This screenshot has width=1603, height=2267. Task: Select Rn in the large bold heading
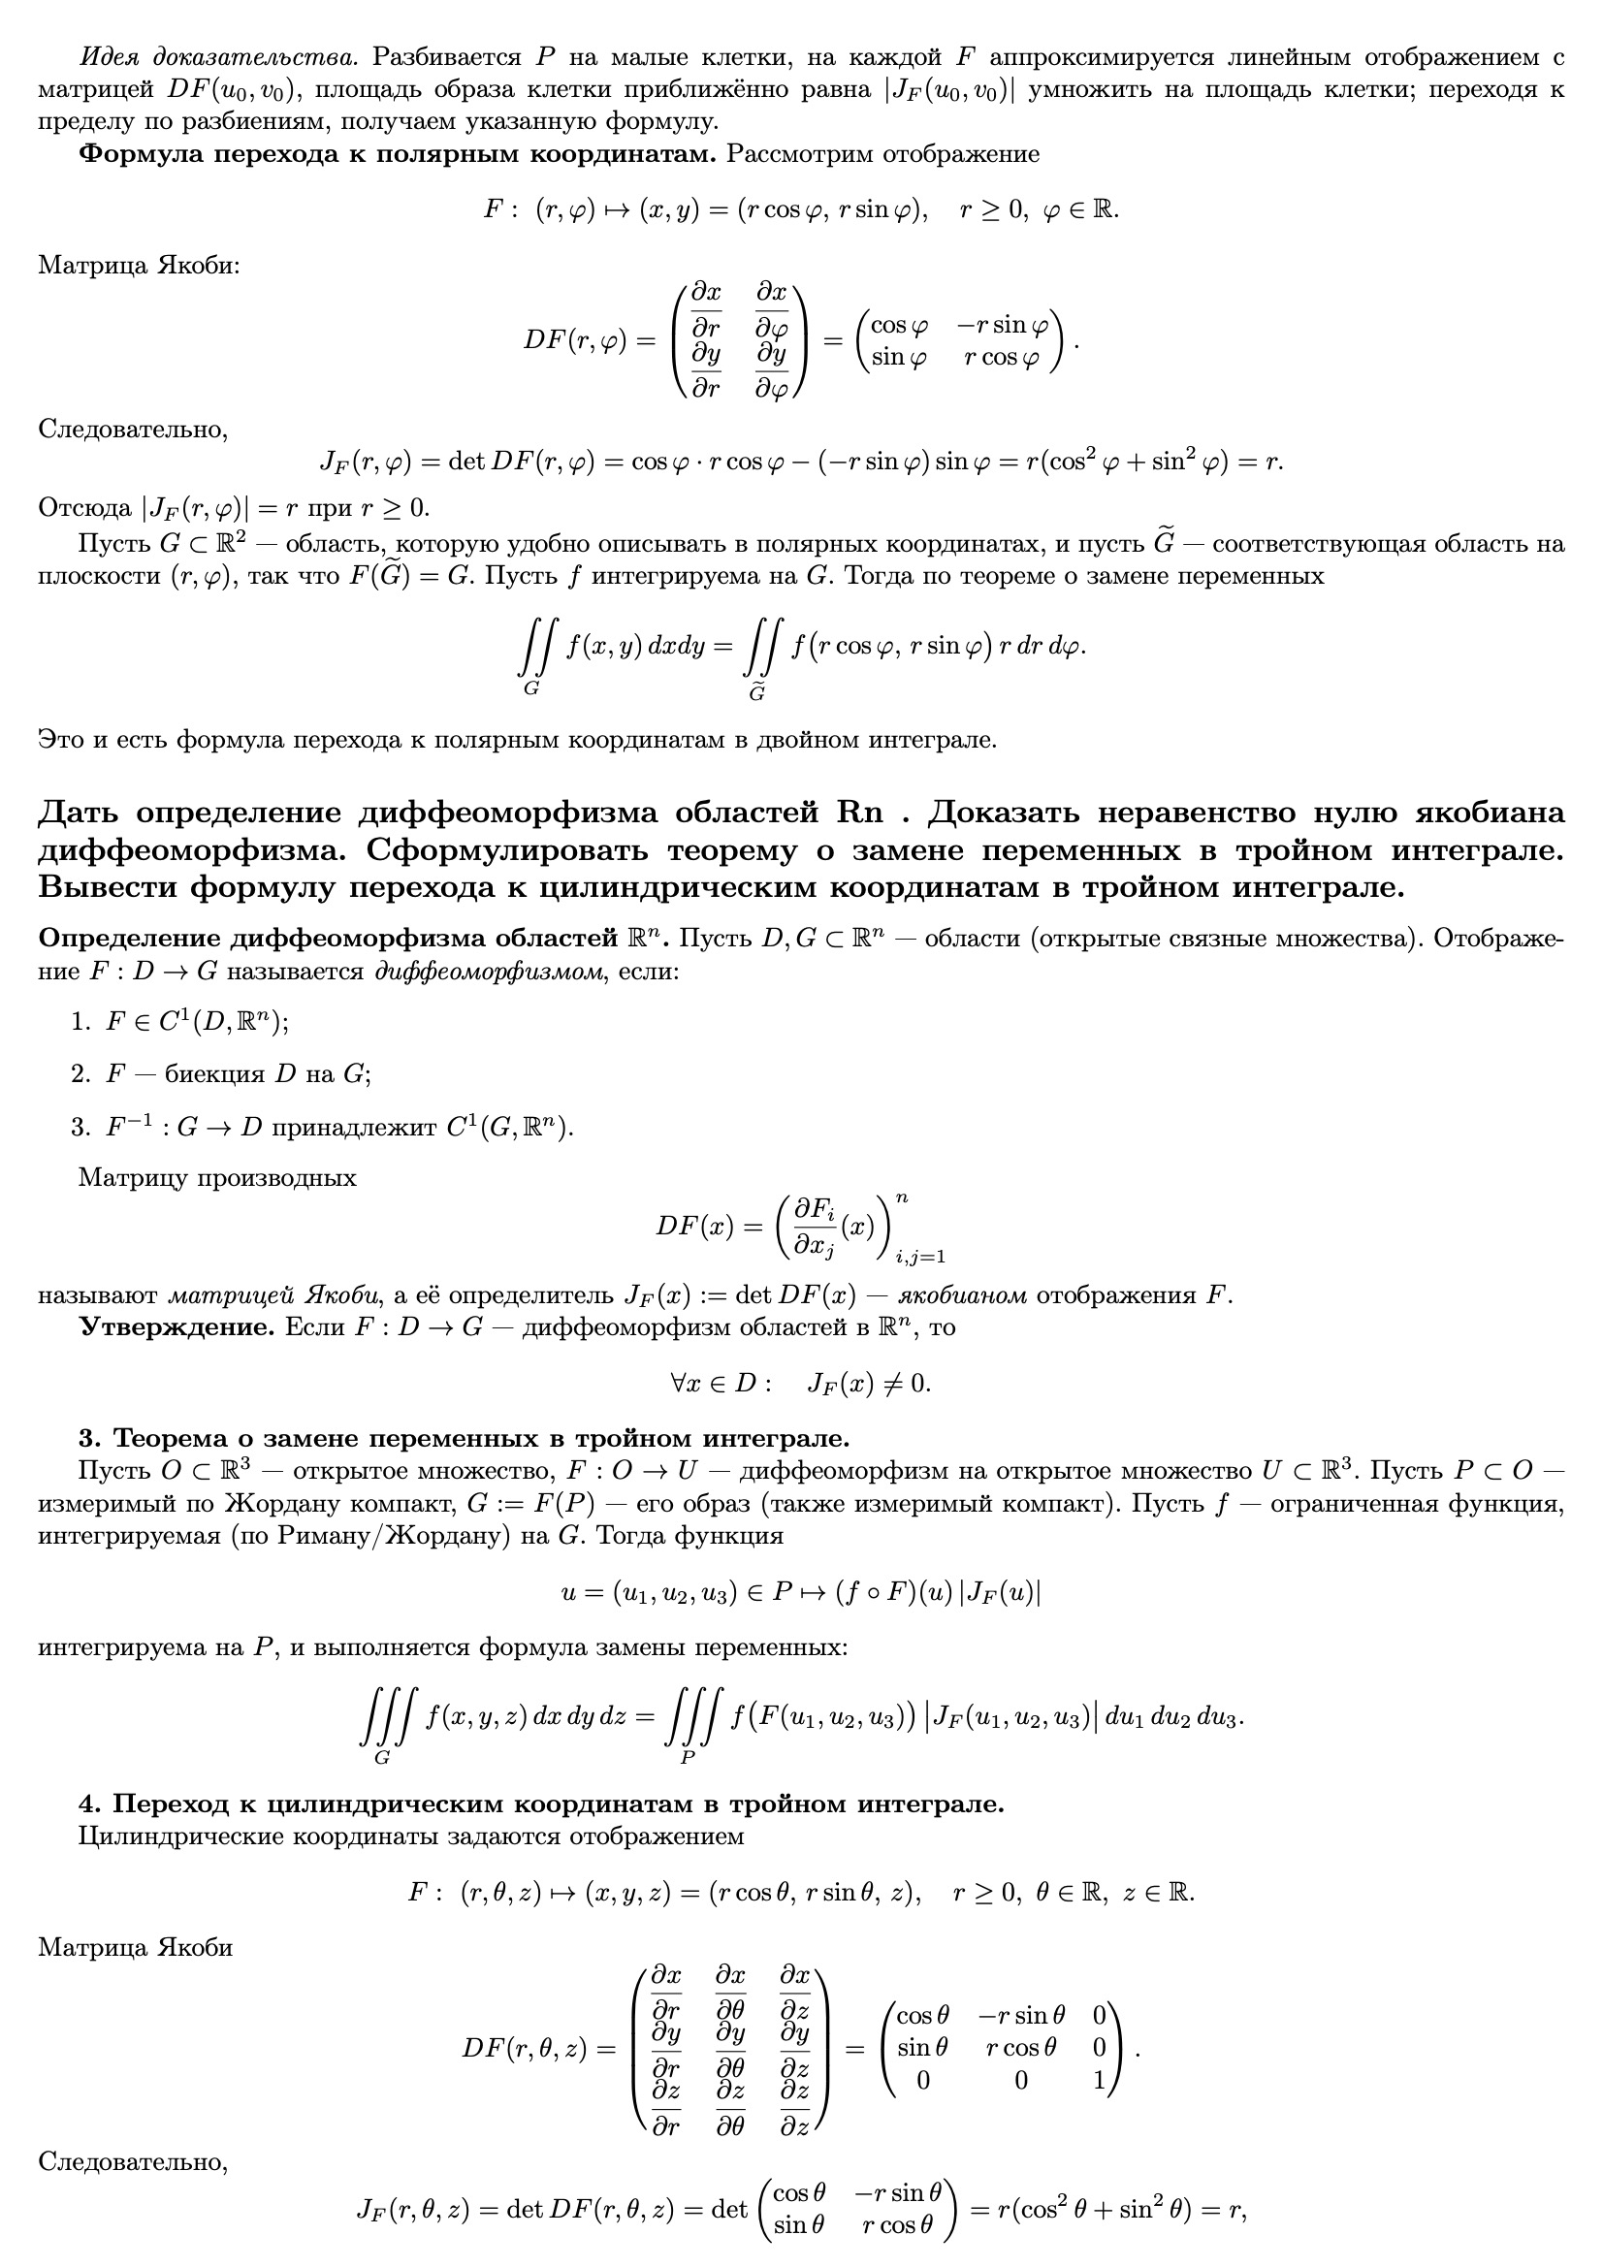coord(859,814)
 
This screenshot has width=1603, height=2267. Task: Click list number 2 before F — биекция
coord(80,1074)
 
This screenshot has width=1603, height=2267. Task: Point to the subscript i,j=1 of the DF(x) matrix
coord(919,1257)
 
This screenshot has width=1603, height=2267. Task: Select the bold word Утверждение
coord(176,1327)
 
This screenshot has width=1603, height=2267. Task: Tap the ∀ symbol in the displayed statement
coord(679,1384)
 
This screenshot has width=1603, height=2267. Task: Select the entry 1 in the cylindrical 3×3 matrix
coord(1100,2081)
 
